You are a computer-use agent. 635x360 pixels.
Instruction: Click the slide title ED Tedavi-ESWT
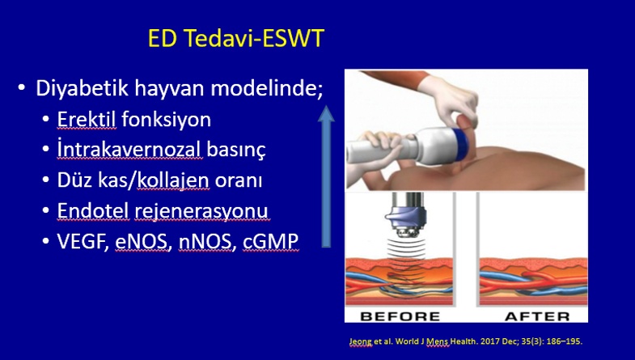point(236,39)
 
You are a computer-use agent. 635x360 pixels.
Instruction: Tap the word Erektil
point(87,120)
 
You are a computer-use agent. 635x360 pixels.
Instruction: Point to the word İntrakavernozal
point(129,150)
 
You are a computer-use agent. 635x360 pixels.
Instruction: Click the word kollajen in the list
point(173,180)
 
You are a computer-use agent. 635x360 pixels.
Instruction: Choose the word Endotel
point(93,210)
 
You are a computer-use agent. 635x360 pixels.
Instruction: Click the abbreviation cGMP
point(270,241)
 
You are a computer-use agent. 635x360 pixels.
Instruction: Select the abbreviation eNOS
point(142,241)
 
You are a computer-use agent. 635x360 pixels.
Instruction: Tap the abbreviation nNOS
point(205,241)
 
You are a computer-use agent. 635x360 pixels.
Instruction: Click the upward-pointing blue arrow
point(326,176)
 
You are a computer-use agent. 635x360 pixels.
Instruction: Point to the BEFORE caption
point(400,316)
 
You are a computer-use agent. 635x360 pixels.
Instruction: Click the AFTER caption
point(537,316)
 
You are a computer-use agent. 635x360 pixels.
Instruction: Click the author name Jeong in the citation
point(360,341)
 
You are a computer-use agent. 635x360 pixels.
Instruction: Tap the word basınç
point(236,150)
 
